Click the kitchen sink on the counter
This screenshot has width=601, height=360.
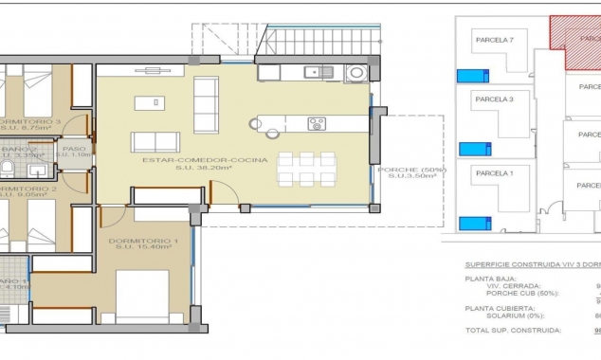[x=315, y=72]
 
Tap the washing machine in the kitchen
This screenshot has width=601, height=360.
[x=356, y=72]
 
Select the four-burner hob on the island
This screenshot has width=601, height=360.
[x=317, y=123]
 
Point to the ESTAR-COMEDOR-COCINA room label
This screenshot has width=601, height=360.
[x=205, y=160]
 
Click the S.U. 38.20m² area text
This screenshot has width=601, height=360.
[x=205, y=170]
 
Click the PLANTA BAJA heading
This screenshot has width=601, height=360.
[x=491, y=279]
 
